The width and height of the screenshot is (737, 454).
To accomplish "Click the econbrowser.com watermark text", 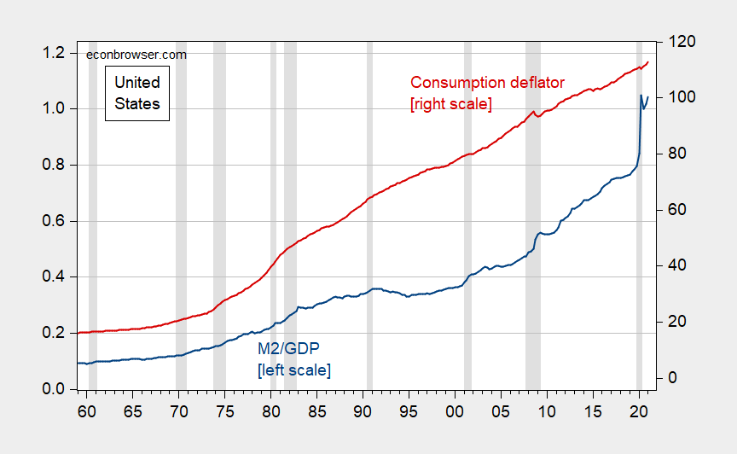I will (136, 55).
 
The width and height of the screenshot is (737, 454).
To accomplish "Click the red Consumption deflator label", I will (487, 83).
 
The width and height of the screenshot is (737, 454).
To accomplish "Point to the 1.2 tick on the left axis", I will (55, 53).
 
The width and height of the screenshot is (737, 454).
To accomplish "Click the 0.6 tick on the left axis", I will (55, 221).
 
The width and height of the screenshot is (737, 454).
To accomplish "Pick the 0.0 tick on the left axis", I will (55, 389).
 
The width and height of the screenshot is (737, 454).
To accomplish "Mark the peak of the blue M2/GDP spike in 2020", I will (641, 96).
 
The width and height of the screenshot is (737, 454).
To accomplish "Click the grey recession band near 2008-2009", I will (533, 213).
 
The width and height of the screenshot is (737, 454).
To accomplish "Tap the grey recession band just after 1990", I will (369, 213).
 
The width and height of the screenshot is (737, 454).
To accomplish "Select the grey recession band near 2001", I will (467, 213).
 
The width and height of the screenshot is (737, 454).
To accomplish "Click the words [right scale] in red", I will (451, 104).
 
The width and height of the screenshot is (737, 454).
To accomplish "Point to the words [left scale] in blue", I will (293, 370).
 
